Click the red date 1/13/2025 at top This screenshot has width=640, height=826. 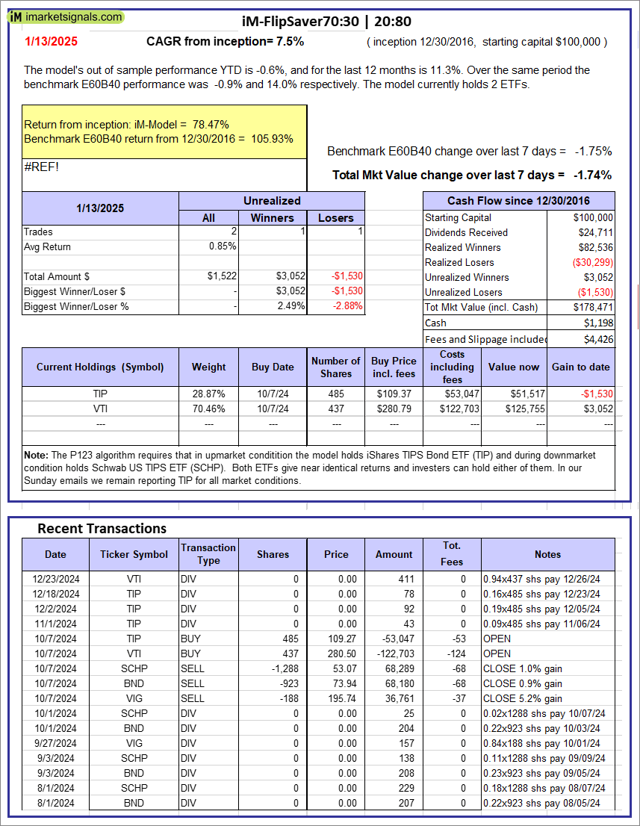click(x=50, y=42)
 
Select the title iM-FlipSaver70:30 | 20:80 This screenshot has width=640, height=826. click(x=327, y=22)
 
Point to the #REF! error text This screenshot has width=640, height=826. click(x=41, y=167)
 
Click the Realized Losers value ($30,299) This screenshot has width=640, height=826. click(x=594, y=262)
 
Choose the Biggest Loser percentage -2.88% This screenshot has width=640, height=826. click(x=347, y=306)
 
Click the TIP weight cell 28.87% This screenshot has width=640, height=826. click(x=209, y=394)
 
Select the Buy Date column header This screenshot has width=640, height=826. click(x=273, y=367)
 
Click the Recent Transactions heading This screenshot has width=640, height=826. click(x=102, y=528)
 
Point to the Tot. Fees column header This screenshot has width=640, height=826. click(x=452, y=553)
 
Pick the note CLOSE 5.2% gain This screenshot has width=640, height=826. click(x=523, y=698)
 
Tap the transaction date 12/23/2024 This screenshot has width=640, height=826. click(x=55, y=579)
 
